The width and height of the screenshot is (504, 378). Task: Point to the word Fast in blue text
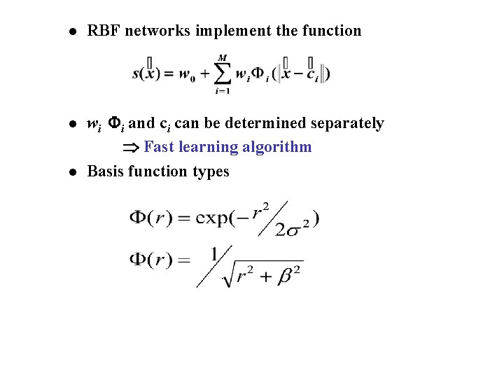pyautogui.click(x=159, y=147)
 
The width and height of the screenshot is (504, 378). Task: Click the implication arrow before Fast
pyautogui.click(x=132, y=148)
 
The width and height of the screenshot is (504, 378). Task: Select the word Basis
pyautogui.click(x=106, y=171)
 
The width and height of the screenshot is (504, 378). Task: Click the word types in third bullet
pyautogui.click(x=211, y=172)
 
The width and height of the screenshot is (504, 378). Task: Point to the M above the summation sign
pyautogui.click(x=222, y=57)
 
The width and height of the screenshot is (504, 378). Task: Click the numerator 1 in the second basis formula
pyautogui.click(x=215, y=253)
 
